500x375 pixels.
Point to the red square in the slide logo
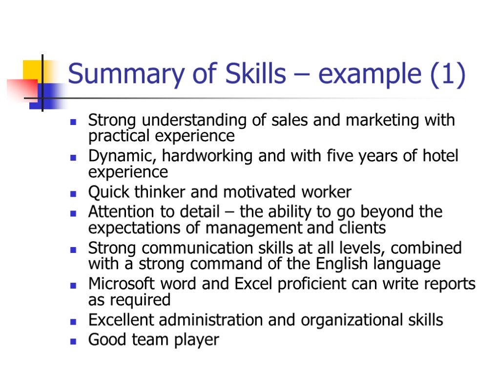pyautogui.click(x=22, y=89)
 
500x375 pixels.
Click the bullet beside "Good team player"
pyautogui.click(x=73, y=340)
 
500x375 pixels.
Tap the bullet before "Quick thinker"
pyautogui.click(x=73, y=193)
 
